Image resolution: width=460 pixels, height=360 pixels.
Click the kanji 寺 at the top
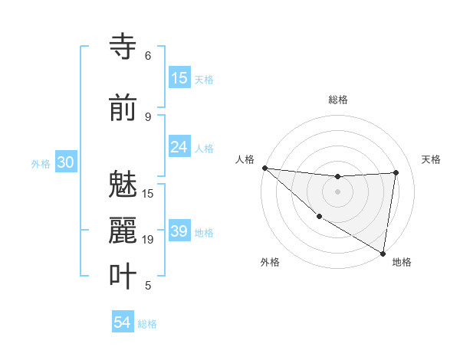(x=123, y=47)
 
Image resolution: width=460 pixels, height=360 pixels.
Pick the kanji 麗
(x=123, y=230)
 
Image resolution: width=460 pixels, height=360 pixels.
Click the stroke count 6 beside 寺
(x=148, y=56)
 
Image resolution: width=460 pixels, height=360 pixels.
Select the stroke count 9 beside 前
(x=148, y=116)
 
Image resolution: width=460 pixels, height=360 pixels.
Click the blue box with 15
(x=179, y=78)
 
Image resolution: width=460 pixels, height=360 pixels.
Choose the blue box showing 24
(x=179, y=147)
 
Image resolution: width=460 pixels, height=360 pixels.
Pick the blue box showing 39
(x=179, y=231)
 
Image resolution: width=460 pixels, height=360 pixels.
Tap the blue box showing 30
(x=65, y=162)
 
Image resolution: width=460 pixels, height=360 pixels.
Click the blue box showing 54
(x=123, y=322)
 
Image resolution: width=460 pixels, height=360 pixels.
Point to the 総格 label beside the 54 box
(x=147, y=324)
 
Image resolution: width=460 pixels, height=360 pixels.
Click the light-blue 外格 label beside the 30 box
(x=41, y=164)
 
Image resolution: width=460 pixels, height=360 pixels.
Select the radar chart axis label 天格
(x=432, y=159)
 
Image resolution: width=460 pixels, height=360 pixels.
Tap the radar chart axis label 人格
(x=245, y=159)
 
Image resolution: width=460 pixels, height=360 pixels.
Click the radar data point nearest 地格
(x=383, y=252)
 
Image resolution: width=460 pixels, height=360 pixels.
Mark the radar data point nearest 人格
(x=264, y=167)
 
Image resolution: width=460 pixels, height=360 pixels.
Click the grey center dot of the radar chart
(x=337, y=191)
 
